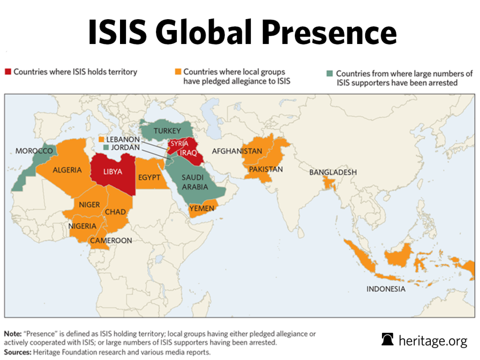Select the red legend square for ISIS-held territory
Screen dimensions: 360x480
[8, 72]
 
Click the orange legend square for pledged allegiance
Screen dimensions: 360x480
[177, 72]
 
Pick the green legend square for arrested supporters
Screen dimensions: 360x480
[330, 74]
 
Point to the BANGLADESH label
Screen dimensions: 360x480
[333, 172]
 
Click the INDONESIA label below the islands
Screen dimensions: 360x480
[386, 289]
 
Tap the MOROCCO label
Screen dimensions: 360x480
[34, 151]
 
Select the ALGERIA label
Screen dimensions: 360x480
[67, 170]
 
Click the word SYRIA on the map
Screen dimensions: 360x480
[179, 143]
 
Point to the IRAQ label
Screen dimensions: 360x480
[188, 153]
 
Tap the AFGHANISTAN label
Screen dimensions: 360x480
[237, 151]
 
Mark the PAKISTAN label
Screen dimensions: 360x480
[266, 169]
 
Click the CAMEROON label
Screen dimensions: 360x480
[111, 240]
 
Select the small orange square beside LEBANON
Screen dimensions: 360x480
[101, 140]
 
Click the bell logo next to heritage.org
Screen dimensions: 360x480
[388, 339]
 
